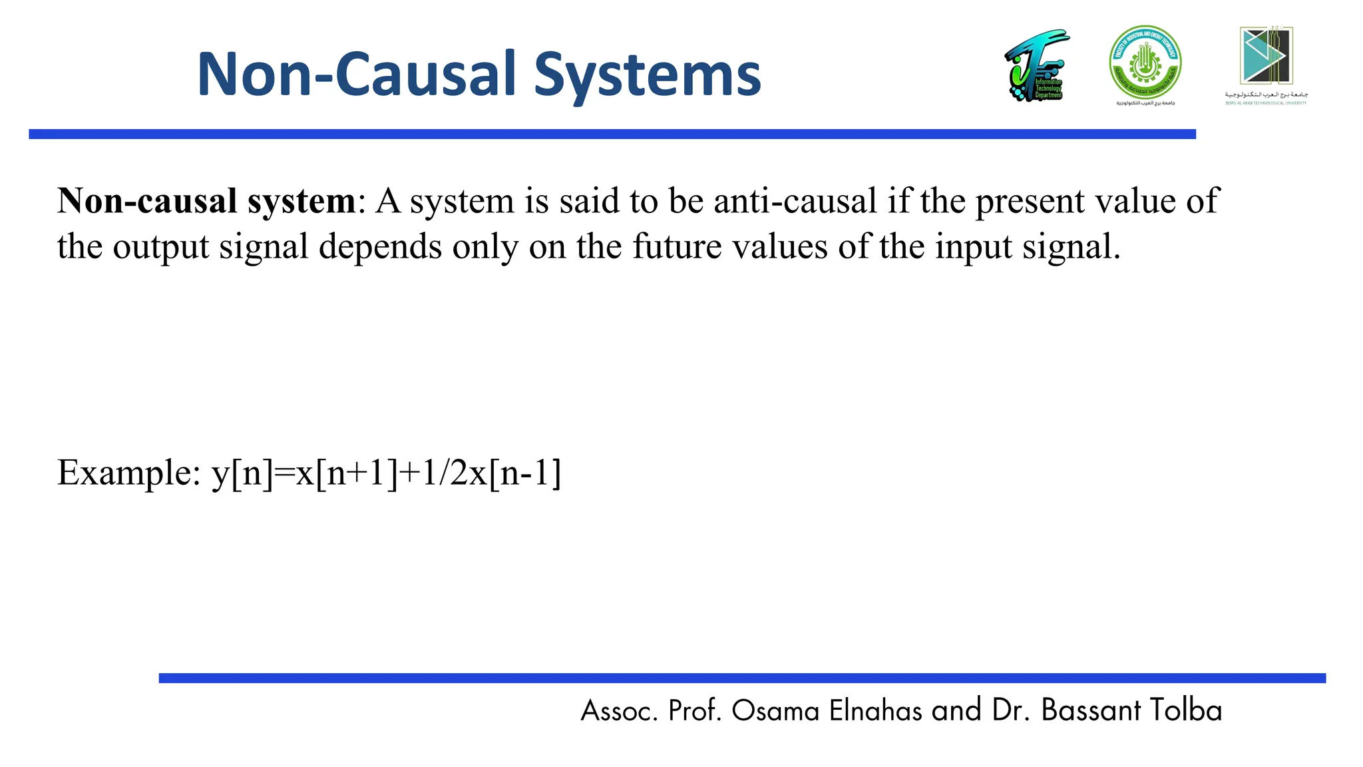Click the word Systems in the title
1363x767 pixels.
pos(647,75)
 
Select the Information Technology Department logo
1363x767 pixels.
pos(1036,66)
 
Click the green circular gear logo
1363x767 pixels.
pos(1145,63)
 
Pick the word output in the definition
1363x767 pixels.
pos(160,246)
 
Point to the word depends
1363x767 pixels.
pos(380,246)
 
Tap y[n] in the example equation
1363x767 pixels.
pos(242,473)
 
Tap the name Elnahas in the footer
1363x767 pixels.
pos(876,710)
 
